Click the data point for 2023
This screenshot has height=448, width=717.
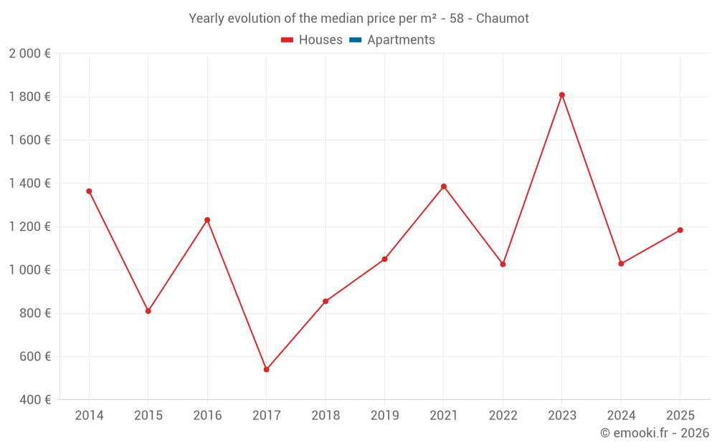click(x=561, y=95)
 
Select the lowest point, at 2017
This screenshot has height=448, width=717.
click(x=266, y=370)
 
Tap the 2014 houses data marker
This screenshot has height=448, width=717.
click(x=89, y=191)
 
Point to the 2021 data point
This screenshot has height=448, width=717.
click(x=444, y=186)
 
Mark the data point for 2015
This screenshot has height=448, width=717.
click(x=148, y=311)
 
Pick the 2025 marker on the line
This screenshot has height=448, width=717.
click(x=680, y=230)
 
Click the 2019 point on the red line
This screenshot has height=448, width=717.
click(x=384, y=259)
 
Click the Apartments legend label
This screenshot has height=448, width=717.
click(x=401, y=40)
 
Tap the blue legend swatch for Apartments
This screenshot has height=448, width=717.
click(x=355, y=40)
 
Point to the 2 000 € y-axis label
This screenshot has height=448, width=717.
click(x=29, y=54)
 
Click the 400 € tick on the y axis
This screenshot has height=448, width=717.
click(x=34, y=400)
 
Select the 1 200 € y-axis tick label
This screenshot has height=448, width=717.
click(x=29, y=227)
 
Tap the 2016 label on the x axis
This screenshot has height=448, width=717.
click(x=207, y=416)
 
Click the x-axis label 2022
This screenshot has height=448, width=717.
click(x=503, y=416)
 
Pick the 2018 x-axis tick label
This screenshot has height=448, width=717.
click(x=326, y=416)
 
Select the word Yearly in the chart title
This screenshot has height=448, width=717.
click(x=206, y=19)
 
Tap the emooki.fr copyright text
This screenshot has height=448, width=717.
click(x=655, y=433)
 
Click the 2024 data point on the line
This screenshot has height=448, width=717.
click(x=621, y=264)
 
